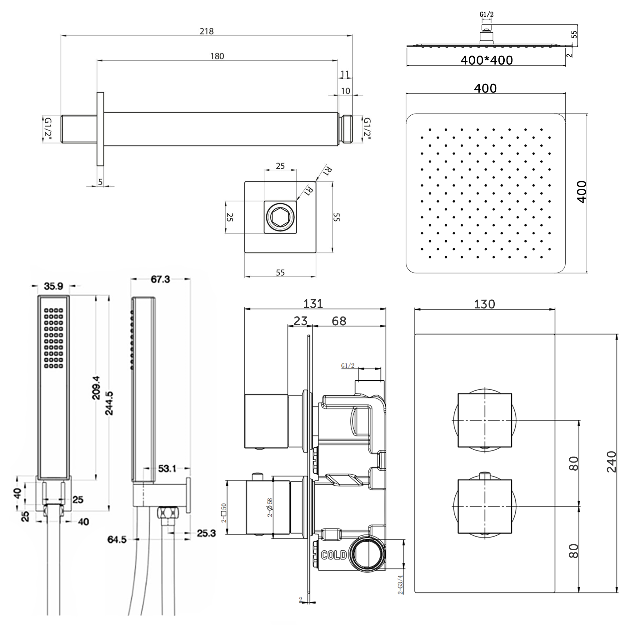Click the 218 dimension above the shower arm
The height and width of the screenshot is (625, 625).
click(x=206, y=31)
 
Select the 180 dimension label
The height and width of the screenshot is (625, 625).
click(x=217, y=56)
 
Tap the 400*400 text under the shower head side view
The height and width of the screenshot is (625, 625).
click(x=486, y=60)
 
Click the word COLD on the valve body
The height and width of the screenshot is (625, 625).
click(x=333, y=555)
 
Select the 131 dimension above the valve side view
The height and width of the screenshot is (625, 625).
click(x=313, y=304)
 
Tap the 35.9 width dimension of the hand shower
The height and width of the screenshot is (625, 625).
click(x=53, y=286)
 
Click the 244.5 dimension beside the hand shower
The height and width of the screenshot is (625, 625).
click(x=109, y=403)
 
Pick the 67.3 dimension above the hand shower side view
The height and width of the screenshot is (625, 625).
click(x=160, y=279)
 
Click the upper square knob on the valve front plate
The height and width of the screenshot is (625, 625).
click(x=485, y=420)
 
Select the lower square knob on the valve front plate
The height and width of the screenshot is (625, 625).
click(x=485, y=506)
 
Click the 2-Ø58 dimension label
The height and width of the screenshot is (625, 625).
click(x=270, y=507)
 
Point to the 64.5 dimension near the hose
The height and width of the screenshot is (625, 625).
click(x=117, y=540)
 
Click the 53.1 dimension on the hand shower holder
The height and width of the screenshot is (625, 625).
click(x=167, y=468)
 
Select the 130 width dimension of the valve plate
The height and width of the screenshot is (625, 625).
click(x=484, y=304)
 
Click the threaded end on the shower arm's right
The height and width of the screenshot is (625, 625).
click(x=347, y=129)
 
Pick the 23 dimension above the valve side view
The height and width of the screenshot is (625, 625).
click(x=300, y=321)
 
